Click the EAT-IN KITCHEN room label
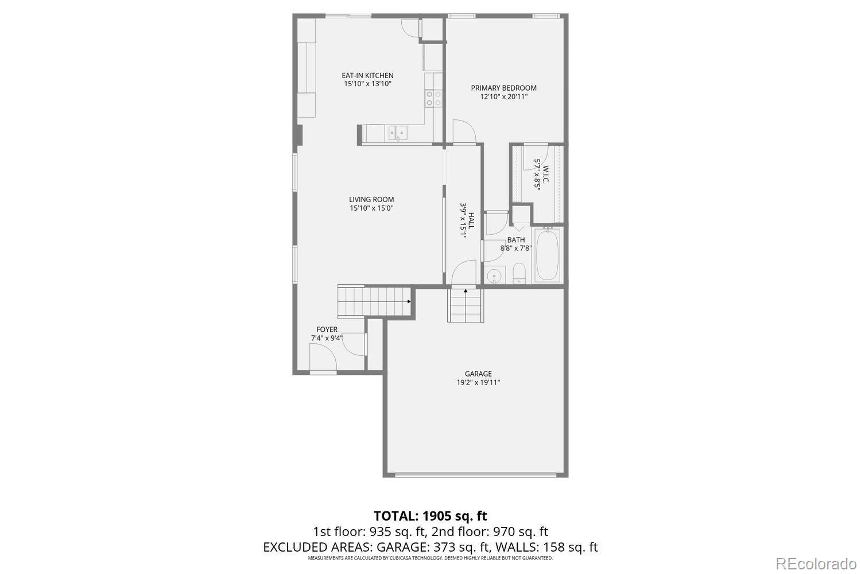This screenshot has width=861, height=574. pyautogui.click(x=367, y=75)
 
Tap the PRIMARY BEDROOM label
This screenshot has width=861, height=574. pyautogui.click(x=503, y=88)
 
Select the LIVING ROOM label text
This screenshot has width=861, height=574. pyautogui.click(x=371, y=200)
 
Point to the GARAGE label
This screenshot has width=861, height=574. pyautogui.click(x=478, y=374)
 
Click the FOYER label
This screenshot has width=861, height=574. pyautogui.click(x=327, y=329)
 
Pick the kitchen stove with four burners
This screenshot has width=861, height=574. pyautogui.click(x=433, y=98)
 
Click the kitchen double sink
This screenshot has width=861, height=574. pyautogui.click(x=397, y=134)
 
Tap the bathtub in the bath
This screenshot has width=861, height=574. pyautogui.click(x=548, y=255)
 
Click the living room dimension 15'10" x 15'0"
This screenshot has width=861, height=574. pyautogui.click(x=371, y=208)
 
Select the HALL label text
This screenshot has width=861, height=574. pyautogui.click(x=471, y=221)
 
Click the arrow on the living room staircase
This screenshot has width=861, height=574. pyautogui.click(x=409, y=301)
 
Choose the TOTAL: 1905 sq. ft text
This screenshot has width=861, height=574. pyautogui.click(x=430, y=515)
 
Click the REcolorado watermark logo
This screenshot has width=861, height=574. pyautogui.click(x=816, y=563)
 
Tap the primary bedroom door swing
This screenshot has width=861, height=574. pyautogui.click(x=463, y=130)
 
